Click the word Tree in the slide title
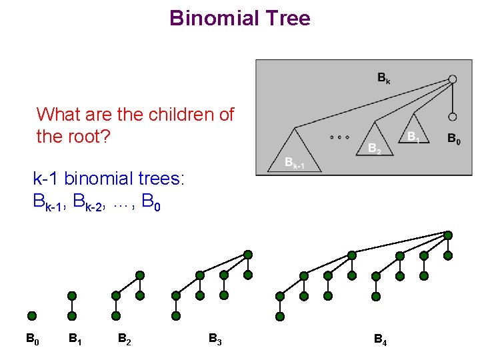tap(287, 18)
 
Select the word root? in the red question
tap(91, 137)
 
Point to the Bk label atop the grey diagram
tap(384, 79)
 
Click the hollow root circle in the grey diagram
tap(453, 79)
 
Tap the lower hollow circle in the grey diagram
tap(453, 117)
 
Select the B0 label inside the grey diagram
tap(453, 139)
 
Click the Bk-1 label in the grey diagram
tap(294, 162)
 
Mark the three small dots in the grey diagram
tap(339, 137)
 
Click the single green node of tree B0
tap(32, 316)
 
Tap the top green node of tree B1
tap(72, 295)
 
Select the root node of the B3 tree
tap(248, 255)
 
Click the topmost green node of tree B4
tap(448, 235)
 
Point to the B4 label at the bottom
tap(380, 339)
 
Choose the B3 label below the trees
tap(215, 339)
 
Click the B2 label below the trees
tap(124, 339)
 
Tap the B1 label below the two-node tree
tap(75, 339)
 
